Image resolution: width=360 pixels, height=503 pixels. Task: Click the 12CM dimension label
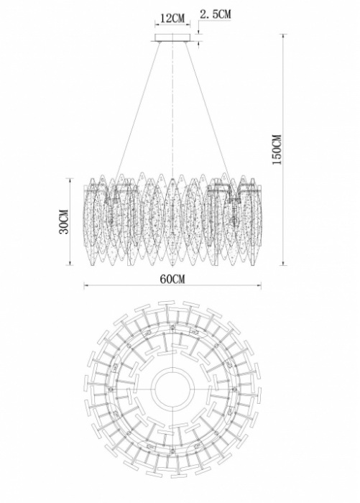click(172, 18)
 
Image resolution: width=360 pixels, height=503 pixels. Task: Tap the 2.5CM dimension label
click(215, 14)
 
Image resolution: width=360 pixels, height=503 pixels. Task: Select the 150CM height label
click(277, 149)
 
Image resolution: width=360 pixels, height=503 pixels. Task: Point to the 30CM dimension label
click(64, 221)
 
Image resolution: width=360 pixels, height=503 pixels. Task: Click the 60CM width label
click(172, 279)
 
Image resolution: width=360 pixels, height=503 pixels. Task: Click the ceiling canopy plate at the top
click(172, 38)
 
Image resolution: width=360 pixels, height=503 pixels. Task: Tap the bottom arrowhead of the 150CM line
click(283, 264)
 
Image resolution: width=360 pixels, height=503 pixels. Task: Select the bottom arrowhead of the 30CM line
click(70, 264)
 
